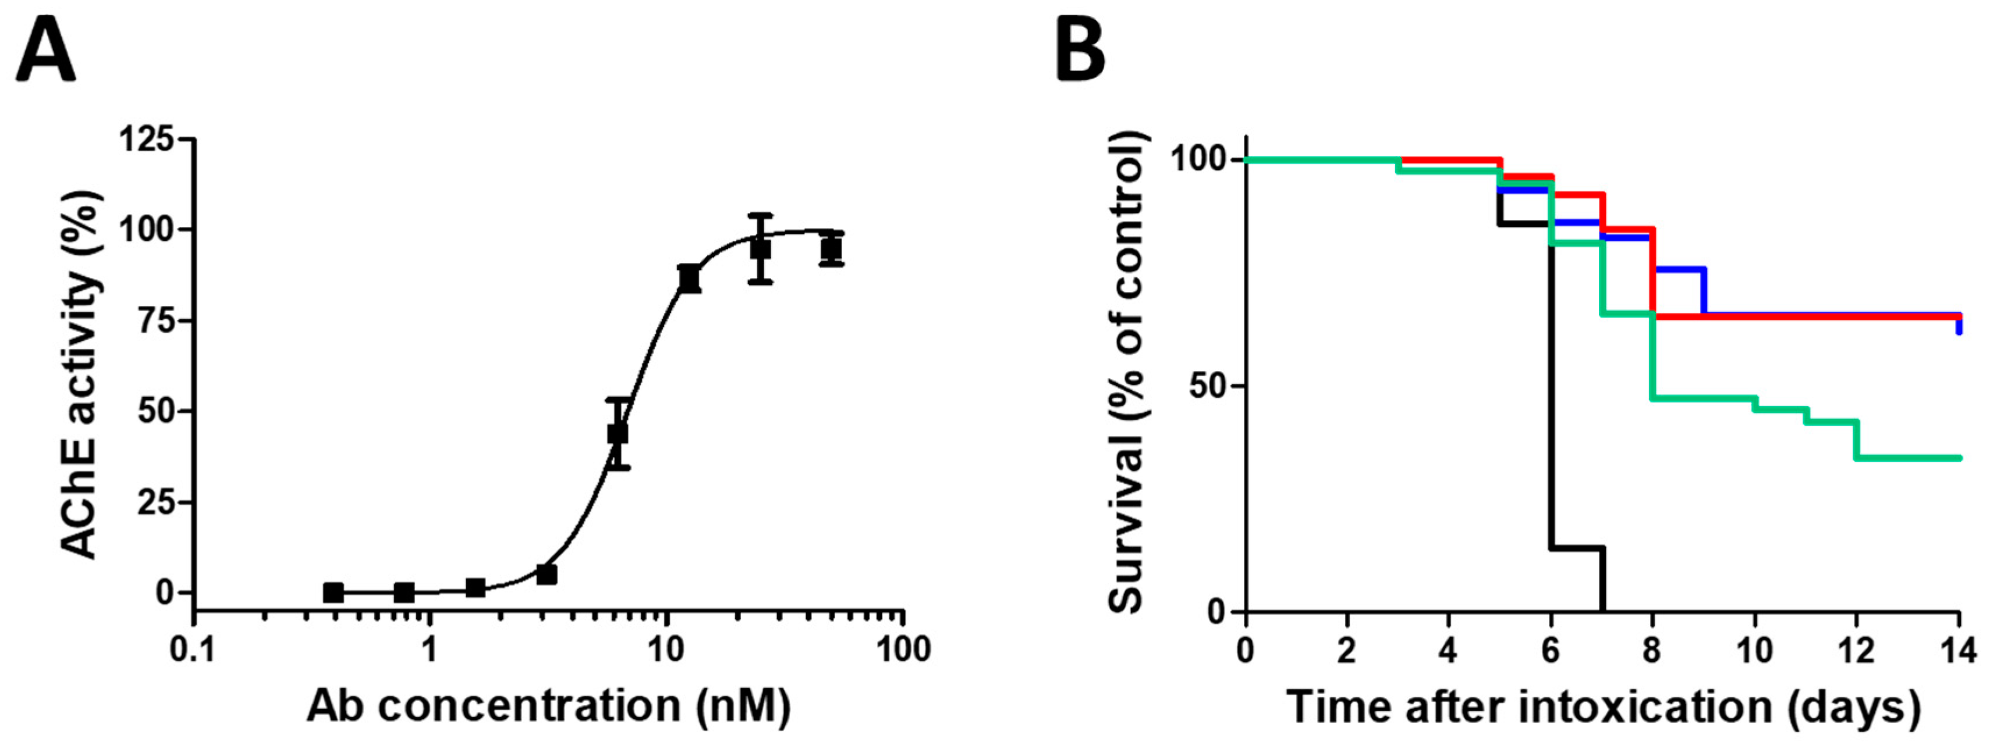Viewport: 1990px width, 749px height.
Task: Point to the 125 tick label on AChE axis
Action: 146,140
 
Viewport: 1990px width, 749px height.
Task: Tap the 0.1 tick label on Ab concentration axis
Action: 193,650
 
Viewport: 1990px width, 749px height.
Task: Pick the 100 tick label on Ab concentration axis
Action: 902,650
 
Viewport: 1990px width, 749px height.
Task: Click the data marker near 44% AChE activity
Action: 617,434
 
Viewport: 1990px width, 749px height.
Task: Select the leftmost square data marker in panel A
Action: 333,592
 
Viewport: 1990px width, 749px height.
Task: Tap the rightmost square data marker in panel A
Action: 831,249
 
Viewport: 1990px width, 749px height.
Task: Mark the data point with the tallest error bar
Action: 760,249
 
